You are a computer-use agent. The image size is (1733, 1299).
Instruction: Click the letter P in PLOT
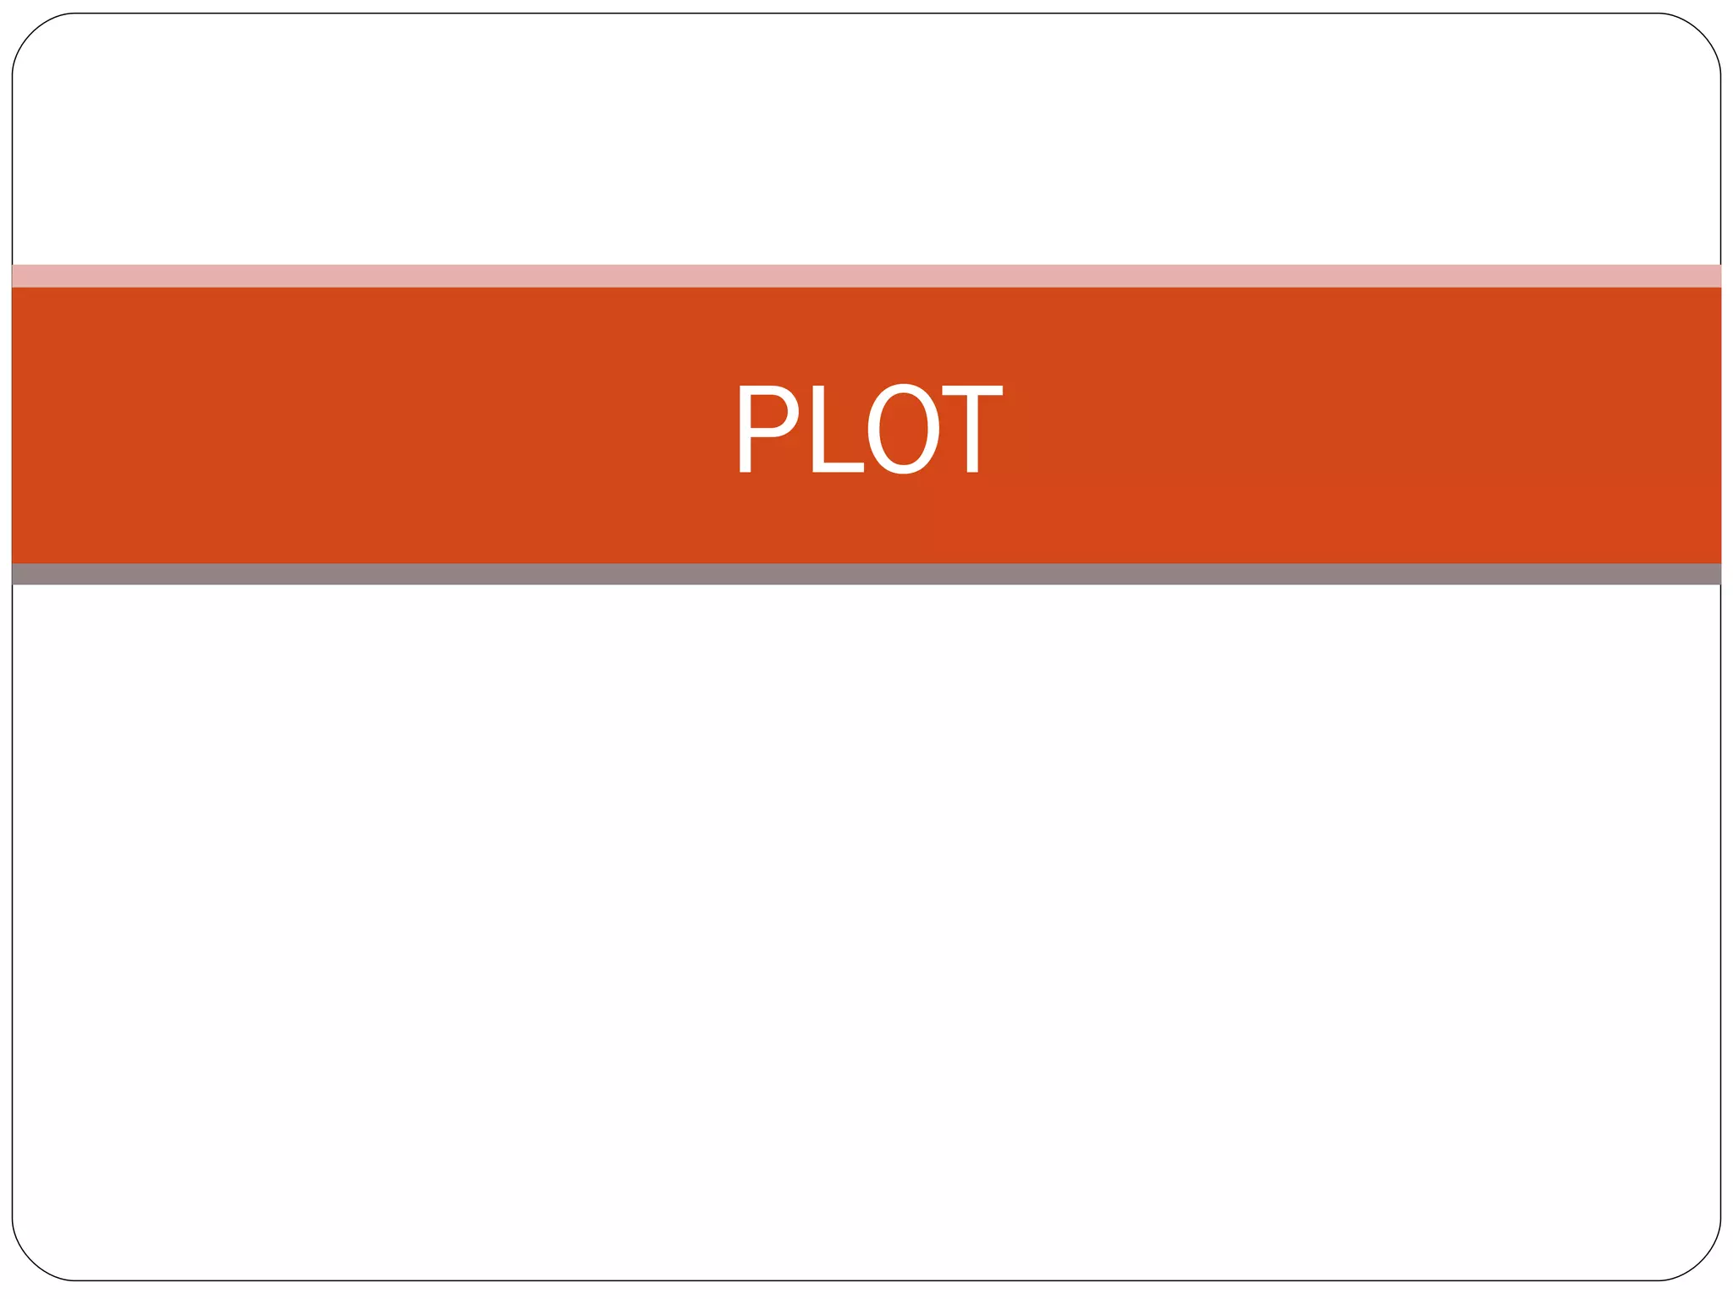[x=765, y=428]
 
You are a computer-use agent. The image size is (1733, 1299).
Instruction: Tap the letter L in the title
[x=836, y=428]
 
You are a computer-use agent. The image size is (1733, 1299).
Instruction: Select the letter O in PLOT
[x=904, y=428]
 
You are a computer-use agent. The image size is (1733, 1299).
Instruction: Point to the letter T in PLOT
[x=972, y=428]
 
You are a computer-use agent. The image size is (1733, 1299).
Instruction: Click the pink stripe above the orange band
[x=866, y=276]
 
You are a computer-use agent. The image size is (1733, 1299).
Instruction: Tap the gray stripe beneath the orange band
[x=866, y=574]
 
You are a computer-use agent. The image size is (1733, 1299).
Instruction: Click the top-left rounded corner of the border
[x=31, y=32]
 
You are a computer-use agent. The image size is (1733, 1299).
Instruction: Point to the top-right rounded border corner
[x=1701, y=32]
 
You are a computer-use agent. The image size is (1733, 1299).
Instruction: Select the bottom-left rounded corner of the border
[x=31, y=1262]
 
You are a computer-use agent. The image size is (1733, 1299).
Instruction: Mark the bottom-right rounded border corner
[x=1701, y=1262]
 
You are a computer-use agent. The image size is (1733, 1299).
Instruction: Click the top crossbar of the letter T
[x=972, y=391]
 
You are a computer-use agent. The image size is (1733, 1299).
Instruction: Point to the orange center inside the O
[x=904, y=428]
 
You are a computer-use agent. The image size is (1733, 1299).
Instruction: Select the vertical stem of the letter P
[x=745, y=428]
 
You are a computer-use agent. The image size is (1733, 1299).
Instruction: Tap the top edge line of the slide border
[x=866, y=14]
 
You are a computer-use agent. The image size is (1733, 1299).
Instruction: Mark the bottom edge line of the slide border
[x=866, y=1280]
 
